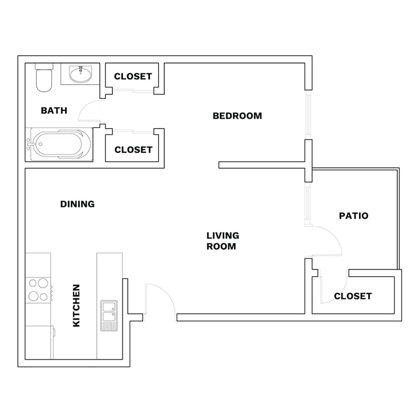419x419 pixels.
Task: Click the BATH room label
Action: click(x=54, y=110)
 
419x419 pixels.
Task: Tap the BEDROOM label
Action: click(x=237, y=116)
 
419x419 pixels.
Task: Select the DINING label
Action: click(x=77, y=204)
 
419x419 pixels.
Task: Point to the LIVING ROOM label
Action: click(x=223, y=241)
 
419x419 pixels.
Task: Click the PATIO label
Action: click(x=353, y=216)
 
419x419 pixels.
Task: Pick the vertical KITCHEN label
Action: click(x=76, y=305)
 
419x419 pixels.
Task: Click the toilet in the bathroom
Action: click(x=44, y=77)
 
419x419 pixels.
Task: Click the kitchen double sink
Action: click(x=109, y=316)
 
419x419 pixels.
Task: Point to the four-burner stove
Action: click(x=38, y=290)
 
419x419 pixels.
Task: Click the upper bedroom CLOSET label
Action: click(x=133, y=76)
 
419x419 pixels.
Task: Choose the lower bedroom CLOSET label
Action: click(x=133, y=149)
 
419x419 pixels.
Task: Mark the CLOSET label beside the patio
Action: click(x=353, y=296)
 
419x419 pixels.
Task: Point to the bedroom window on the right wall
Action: click(x=309, y=115)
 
